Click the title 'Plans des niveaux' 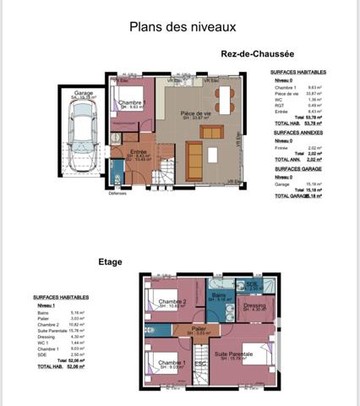coord(177,26)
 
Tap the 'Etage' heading coord(112,263)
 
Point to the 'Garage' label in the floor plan coord(84,93)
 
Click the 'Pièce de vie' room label coord(194,113)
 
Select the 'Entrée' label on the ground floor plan coord(137,152)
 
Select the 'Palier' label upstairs coord(199,328)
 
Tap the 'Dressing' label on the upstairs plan coord(254,304)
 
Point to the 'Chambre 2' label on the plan coord(172,302)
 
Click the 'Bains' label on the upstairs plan coord(218,294)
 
